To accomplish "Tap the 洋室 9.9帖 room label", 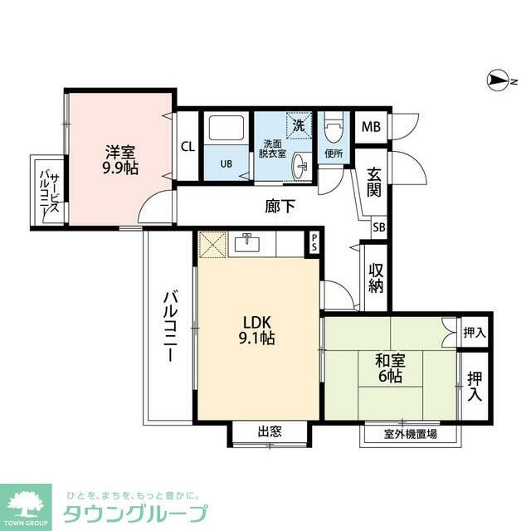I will click(121, 159).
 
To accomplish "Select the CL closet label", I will click(188, 147).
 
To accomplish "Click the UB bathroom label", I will click(226, 163).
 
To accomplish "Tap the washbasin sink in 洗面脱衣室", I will click(300, 167).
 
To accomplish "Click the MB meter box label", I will click(370, 127).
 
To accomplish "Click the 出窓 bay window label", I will click(270, 431).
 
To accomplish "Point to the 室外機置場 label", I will click(411, 434).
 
